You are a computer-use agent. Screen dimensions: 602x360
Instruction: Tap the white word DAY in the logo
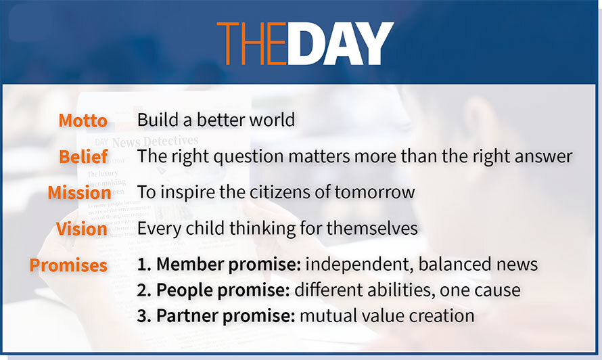341,43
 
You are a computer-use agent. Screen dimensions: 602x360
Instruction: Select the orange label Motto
83,120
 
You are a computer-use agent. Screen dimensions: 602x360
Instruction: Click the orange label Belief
83,157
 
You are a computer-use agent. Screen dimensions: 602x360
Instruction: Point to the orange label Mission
79,192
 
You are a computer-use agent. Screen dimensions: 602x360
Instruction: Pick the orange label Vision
82,229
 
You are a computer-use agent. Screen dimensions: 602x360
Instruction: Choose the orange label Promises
68,265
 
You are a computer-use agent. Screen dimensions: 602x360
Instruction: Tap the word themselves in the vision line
372,228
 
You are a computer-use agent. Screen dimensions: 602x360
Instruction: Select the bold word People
184,290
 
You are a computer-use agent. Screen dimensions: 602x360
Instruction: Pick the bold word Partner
187,316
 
